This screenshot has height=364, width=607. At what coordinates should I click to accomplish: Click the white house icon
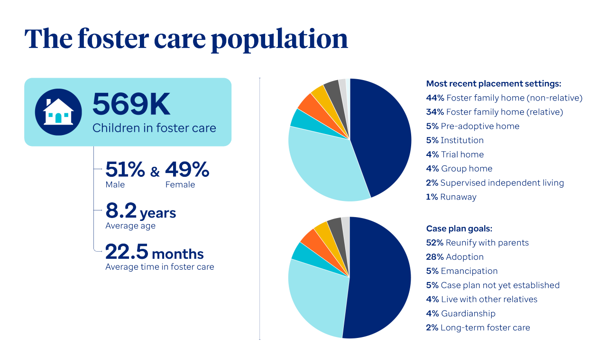click(58, 112)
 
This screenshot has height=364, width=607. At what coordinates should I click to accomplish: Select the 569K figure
click(131, 105)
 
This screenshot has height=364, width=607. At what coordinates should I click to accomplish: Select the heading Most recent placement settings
click(494, 84)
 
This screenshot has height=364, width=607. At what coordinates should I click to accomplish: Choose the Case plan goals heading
click(459, 228)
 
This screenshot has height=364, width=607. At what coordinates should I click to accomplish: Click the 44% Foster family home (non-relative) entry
click(504, 98)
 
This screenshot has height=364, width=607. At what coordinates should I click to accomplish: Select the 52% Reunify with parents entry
click(477, 243)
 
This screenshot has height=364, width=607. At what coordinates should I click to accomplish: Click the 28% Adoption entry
click(455, 257)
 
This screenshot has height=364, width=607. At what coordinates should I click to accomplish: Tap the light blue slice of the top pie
click(322, 161)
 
